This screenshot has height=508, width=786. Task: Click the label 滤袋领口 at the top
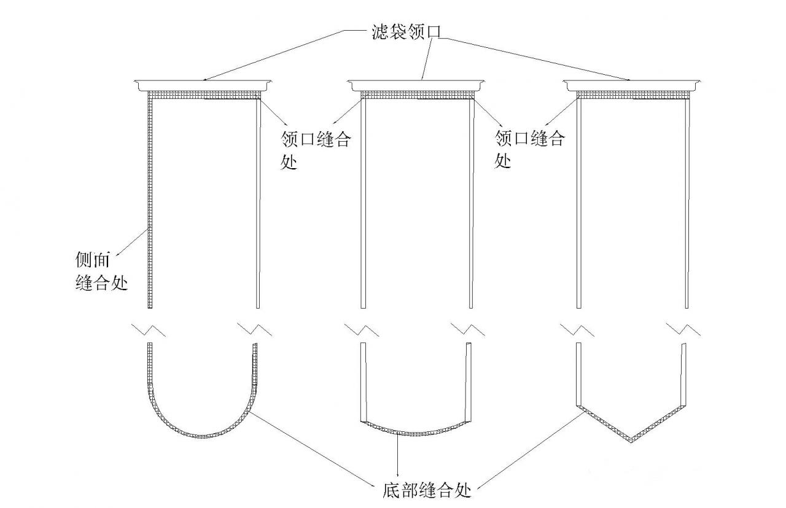tap(407, 30)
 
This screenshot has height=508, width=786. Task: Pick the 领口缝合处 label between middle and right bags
tap(530, 149)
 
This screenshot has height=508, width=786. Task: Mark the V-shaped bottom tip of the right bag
tap(632, 439)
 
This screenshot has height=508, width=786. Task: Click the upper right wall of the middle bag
tap(472, 202)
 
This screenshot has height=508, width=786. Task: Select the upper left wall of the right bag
tap(578, 202)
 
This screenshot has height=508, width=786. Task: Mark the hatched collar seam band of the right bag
tap(632, 94)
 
